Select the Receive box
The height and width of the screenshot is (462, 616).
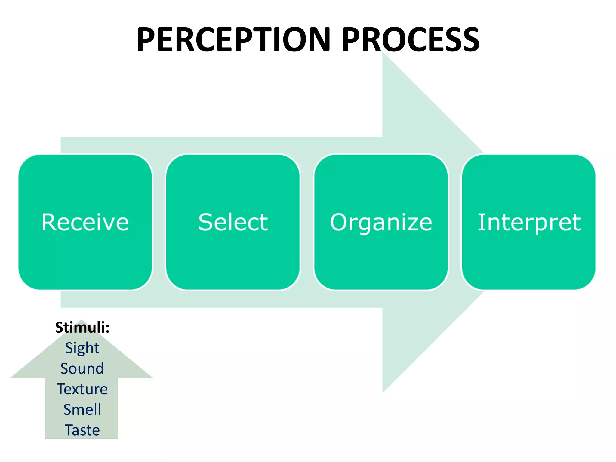tap(85, 222)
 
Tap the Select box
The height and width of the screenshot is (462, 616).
tap(233, 222)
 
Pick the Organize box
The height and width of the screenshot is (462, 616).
tap(381, 222)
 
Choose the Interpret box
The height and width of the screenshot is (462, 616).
tap(528, 222)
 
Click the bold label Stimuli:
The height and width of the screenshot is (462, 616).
tap(82, 327)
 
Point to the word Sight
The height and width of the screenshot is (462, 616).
tap(82, 348)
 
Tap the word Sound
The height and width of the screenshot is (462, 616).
tap(82, 368)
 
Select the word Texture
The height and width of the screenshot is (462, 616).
tap(82, 389)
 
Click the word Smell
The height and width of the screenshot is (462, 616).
tap(82, 409)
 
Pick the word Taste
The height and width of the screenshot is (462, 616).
tap(82, 430)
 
